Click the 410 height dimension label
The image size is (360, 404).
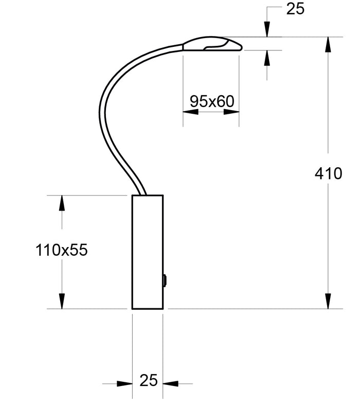point(328,173)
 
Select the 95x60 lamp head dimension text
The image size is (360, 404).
point(212,101)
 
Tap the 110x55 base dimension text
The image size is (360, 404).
point(62,250)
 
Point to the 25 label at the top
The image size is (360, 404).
point(295,9)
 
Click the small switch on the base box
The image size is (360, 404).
point(165,280)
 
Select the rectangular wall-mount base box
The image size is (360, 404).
point(148,252)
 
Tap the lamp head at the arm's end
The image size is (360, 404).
point(212,44)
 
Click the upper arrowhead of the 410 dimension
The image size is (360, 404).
point(328,45)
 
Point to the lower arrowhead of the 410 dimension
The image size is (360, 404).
point(328,301)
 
